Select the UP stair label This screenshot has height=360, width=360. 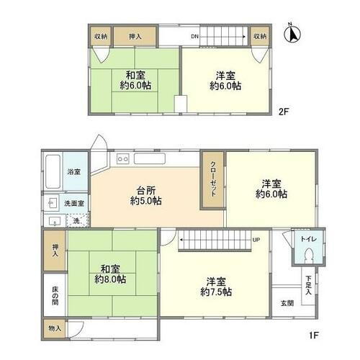(x=256, y=239)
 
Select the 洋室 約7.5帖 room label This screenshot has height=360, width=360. (x=215, y=287)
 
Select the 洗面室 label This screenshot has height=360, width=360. (x=75, y=204)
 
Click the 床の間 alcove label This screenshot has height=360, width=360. (x=55, y=296)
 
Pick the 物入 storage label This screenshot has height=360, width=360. (x=55, y=328)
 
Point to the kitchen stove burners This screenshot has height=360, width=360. (x=121, y=157)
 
